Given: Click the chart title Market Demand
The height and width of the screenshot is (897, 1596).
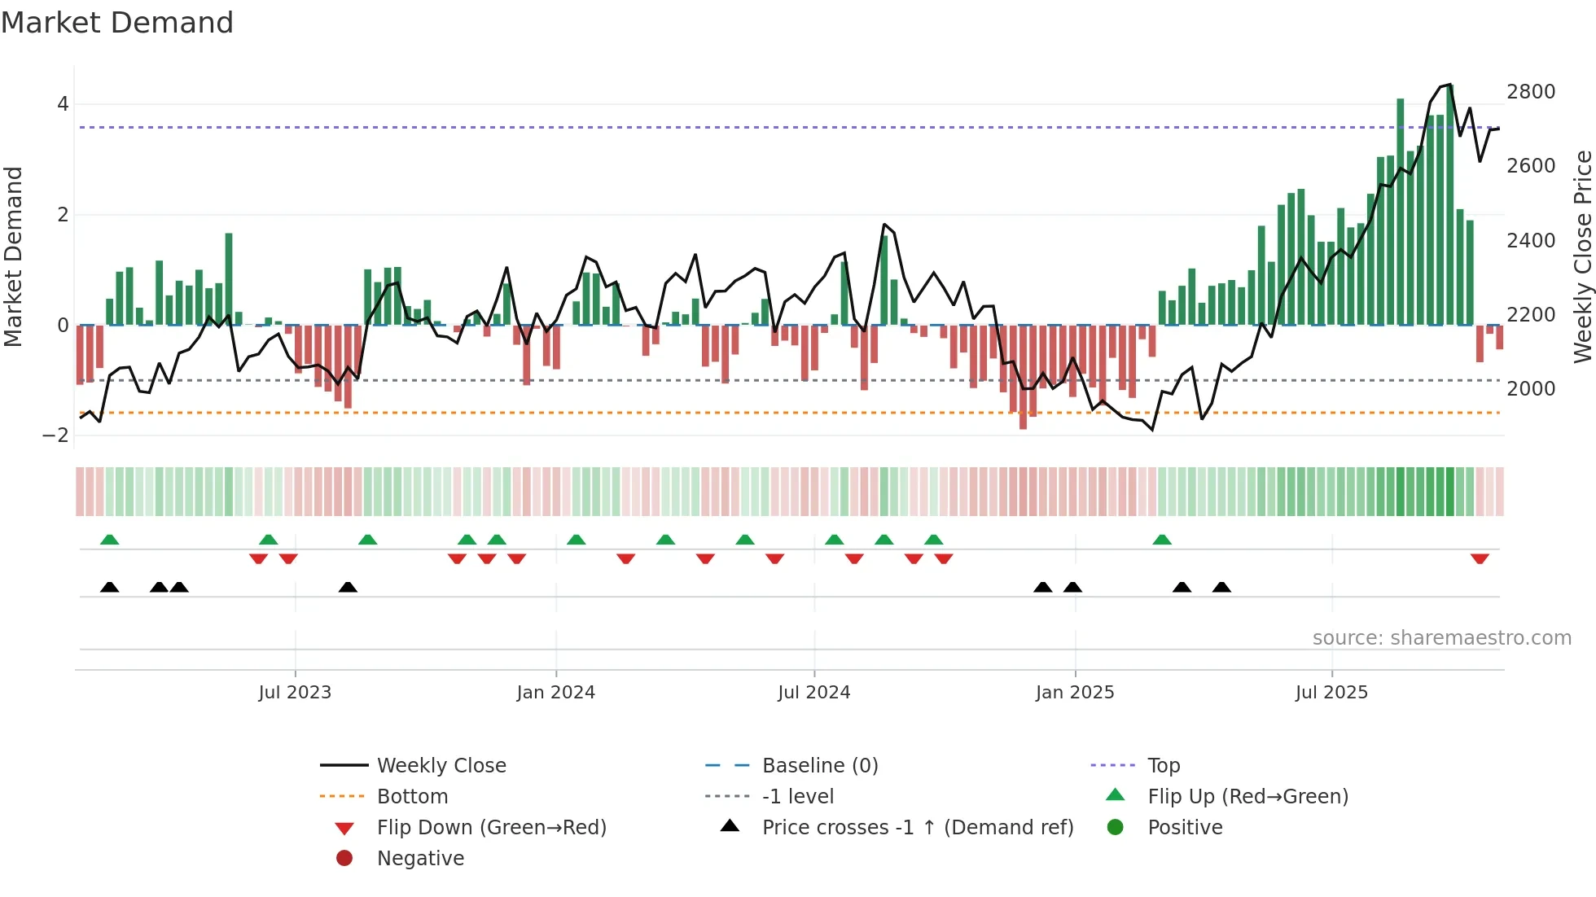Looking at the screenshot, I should tap(117, 23).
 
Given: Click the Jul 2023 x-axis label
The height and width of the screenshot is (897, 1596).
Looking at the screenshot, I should tap(295, 693).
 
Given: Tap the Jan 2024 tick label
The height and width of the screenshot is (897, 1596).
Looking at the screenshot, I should tap(555, 693).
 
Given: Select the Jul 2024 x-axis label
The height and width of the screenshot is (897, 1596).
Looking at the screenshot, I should tap(813, 693).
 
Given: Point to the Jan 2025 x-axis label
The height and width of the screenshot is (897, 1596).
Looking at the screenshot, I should tap(1075, 693).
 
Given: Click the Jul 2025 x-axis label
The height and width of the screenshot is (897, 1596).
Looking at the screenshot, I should tap(1331, 693).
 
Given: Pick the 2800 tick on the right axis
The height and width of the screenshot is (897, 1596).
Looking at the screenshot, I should tap(1531, 92).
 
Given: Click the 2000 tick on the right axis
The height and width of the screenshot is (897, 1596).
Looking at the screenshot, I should tap(1531, 389).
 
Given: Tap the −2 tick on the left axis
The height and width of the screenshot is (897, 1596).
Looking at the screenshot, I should tap(55, 435).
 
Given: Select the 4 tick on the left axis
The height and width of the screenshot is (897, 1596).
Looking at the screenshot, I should tap(63, 104).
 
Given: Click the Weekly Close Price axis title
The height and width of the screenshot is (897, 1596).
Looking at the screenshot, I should tap(1582, 256).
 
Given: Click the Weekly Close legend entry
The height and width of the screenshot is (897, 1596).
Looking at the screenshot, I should tap(441, 766).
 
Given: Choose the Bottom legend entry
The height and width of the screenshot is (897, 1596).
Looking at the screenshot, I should tap(412, 797).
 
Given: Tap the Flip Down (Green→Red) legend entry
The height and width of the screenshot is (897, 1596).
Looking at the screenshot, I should tap(491, 828).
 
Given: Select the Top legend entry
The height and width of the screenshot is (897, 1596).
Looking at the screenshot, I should tap(1163, 766).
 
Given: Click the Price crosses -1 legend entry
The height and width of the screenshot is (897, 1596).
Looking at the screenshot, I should tap(917, 828).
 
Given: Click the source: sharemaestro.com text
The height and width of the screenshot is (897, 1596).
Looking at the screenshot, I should tap(1441, 638).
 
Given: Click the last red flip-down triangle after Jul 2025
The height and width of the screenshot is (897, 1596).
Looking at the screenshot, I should tap(1480, 558).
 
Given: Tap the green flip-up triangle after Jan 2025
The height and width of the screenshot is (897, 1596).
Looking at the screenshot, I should tap(1162, 540).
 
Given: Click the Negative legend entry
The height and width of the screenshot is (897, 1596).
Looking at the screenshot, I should tap(420, 859).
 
